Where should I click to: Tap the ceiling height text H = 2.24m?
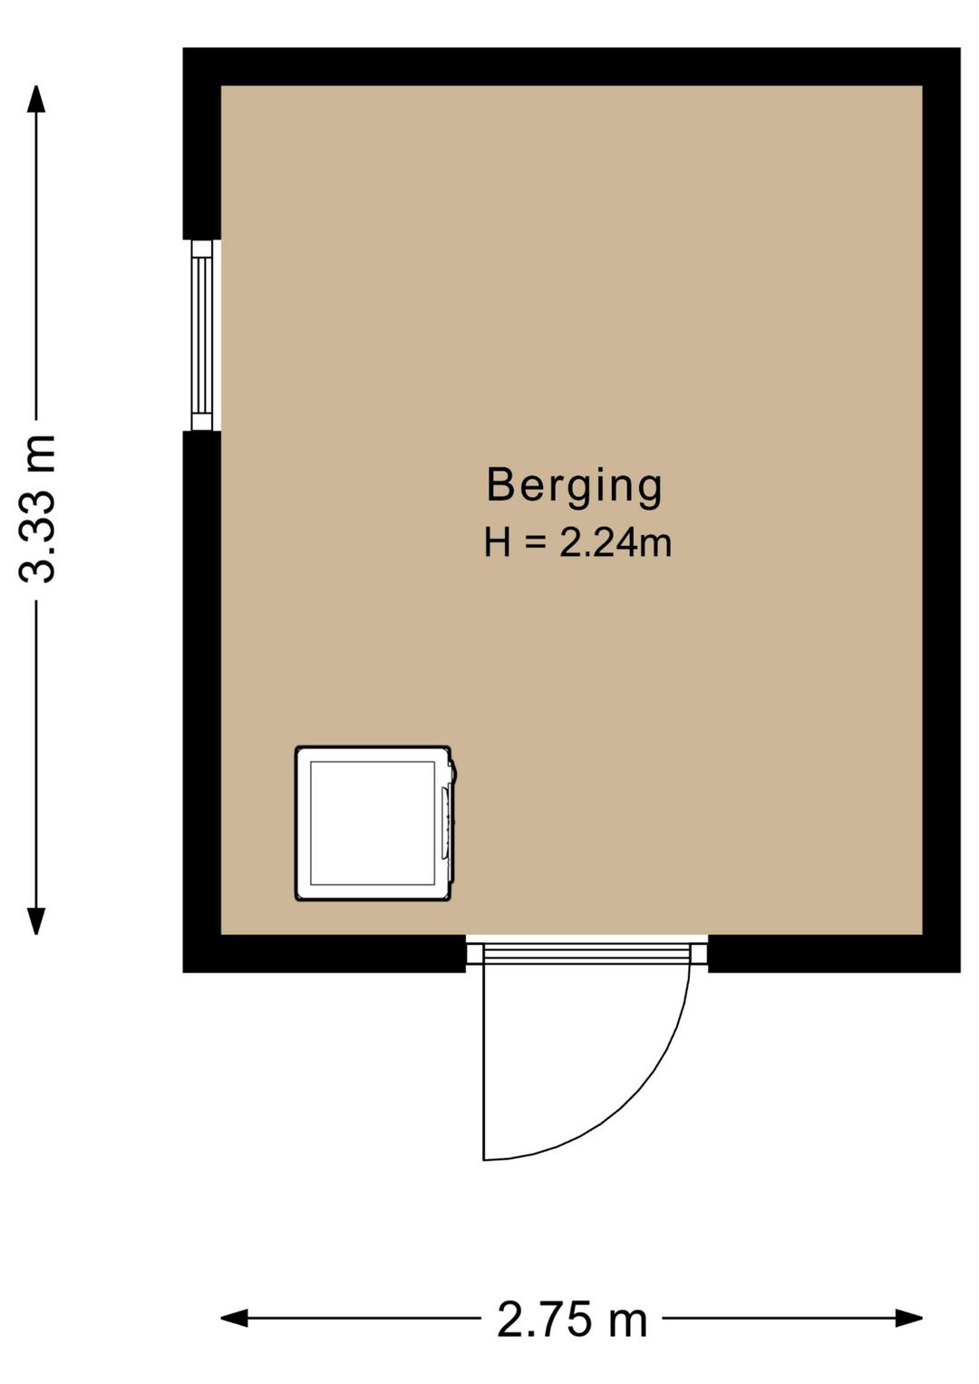point(577,543)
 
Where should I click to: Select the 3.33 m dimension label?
point(38,509)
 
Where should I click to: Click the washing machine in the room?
point(375,823)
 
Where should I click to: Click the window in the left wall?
point(202,335)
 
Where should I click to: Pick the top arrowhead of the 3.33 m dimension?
point(36,99)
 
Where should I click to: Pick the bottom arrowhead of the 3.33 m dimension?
point(36,921)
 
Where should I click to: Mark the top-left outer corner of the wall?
point(183,48)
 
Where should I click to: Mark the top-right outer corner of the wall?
point(960,48)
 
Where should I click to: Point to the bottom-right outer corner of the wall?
point(960,972)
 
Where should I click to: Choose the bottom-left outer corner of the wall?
point(183,972)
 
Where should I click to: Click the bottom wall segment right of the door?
point(834,953)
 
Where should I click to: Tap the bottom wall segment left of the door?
point(325,953)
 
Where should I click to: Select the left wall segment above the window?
point(202,143)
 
